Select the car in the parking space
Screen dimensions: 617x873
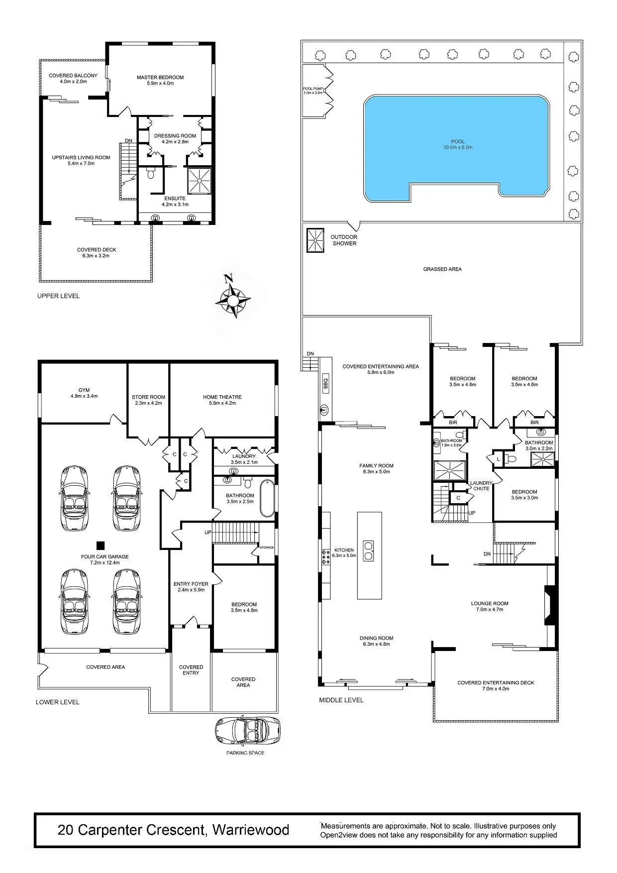coord(247,732)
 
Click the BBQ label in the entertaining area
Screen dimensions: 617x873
coord(326,383)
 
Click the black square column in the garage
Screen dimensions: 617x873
coord(101,545)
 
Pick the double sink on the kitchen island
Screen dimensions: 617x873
coord(369,550)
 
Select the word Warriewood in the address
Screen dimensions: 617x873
coord(251,830)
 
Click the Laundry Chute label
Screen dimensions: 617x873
coord(481,486)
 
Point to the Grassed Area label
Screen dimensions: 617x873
coord(442,269)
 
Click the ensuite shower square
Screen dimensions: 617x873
coord(199,181)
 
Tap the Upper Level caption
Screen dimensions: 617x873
coord(58,296)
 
